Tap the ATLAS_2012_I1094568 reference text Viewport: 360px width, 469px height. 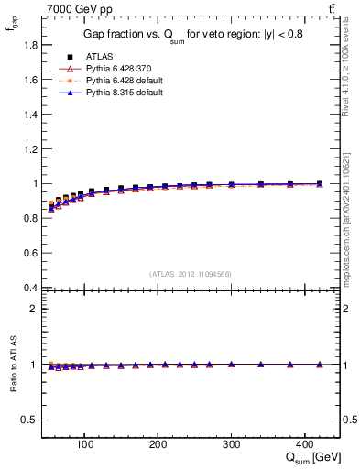[x=190, y=273]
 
